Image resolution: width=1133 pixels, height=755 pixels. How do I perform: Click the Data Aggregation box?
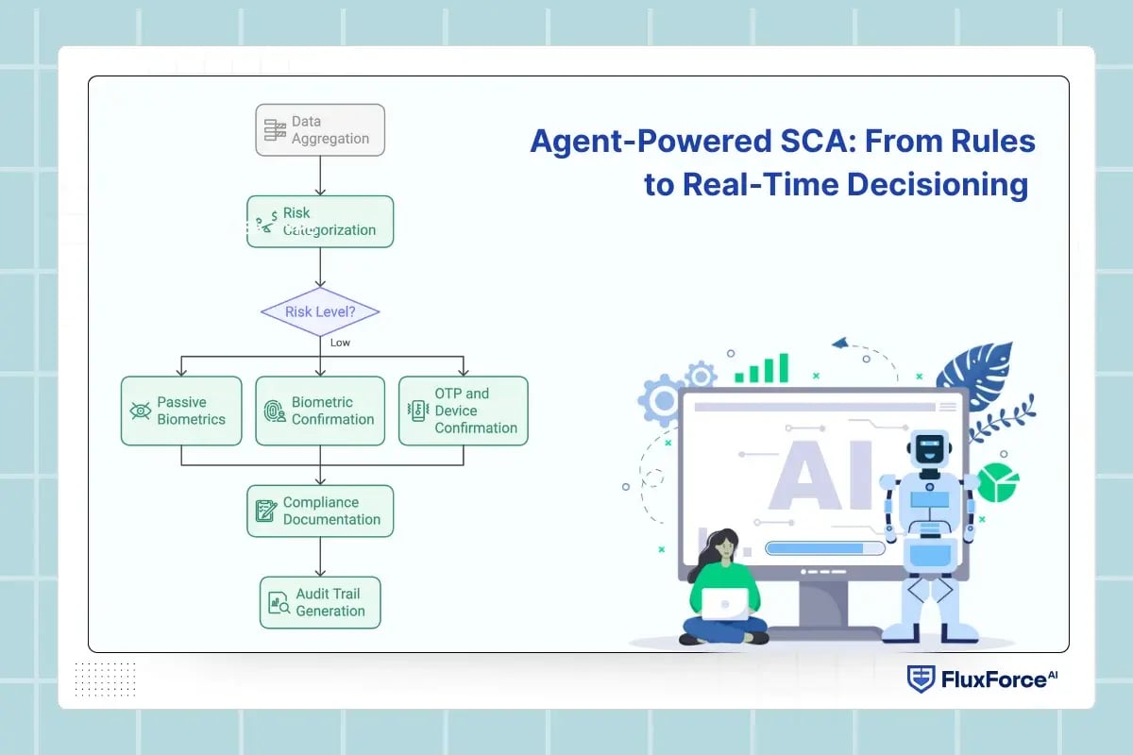coord(320,129)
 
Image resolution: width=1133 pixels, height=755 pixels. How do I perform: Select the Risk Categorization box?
coord(320,221)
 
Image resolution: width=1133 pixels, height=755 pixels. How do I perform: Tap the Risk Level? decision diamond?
coord(320,311)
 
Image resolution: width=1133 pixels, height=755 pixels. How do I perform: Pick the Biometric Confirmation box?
coord(320,411)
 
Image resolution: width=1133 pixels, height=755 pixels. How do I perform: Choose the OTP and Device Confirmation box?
coord(463,411)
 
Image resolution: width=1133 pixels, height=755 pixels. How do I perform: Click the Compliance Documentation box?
coord(320,511)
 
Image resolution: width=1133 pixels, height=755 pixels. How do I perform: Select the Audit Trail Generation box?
coord(320,602)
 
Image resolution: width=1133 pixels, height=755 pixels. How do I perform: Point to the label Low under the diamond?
coord(340,343)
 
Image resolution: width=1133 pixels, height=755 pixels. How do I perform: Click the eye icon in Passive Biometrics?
coord(140,411)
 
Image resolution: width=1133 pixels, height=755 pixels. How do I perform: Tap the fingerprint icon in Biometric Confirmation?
coord(275,411)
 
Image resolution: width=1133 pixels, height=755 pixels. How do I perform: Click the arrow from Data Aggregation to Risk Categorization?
coord(320,176)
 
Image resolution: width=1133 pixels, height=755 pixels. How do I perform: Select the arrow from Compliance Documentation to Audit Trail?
coord(320,557)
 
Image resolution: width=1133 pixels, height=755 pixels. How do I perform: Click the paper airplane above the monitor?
coord(840,343)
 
